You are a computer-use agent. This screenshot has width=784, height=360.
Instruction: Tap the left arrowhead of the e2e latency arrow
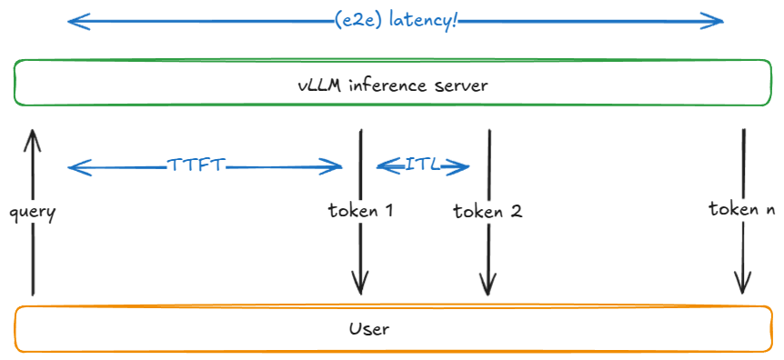point(72,20)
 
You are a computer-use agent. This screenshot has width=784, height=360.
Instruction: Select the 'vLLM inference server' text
point(393,86)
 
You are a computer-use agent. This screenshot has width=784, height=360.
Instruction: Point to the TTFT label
point(196,165)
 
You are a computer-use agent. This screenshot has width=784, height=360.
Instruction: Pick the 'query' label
point(33,213)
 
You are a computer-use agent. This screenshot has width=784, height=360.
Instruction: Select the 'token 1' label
point(361,211)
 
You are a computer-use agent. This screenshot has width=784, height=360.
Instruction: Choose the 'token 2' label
point(487,212)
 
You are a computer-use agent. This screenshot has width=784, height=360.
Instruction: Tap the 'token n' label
point(741,209)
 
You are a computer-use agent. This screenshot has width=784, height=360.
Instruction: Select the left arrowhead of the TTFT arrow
point(72,166)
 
